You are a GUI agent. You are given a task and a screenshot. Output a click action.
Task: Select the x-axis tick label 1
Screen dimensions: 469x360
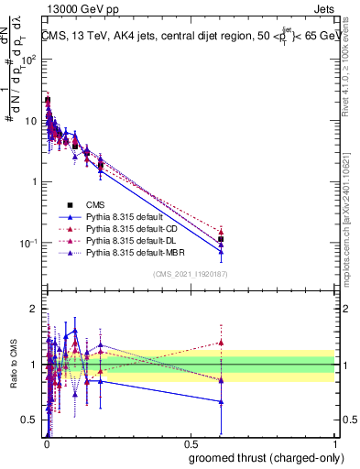click(334, 444)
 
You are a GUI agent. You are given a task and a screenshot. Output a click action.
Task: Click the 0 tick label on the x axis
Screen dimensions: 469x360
click(46, 444)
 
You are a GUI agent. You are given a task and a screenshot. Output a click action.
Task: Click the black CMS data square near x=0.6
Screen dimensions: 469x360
click(221, 239)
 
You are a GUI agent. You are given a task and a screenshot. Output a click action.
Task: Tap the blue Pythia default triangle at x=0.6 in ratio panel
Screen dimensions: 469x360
click(221, 401)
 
